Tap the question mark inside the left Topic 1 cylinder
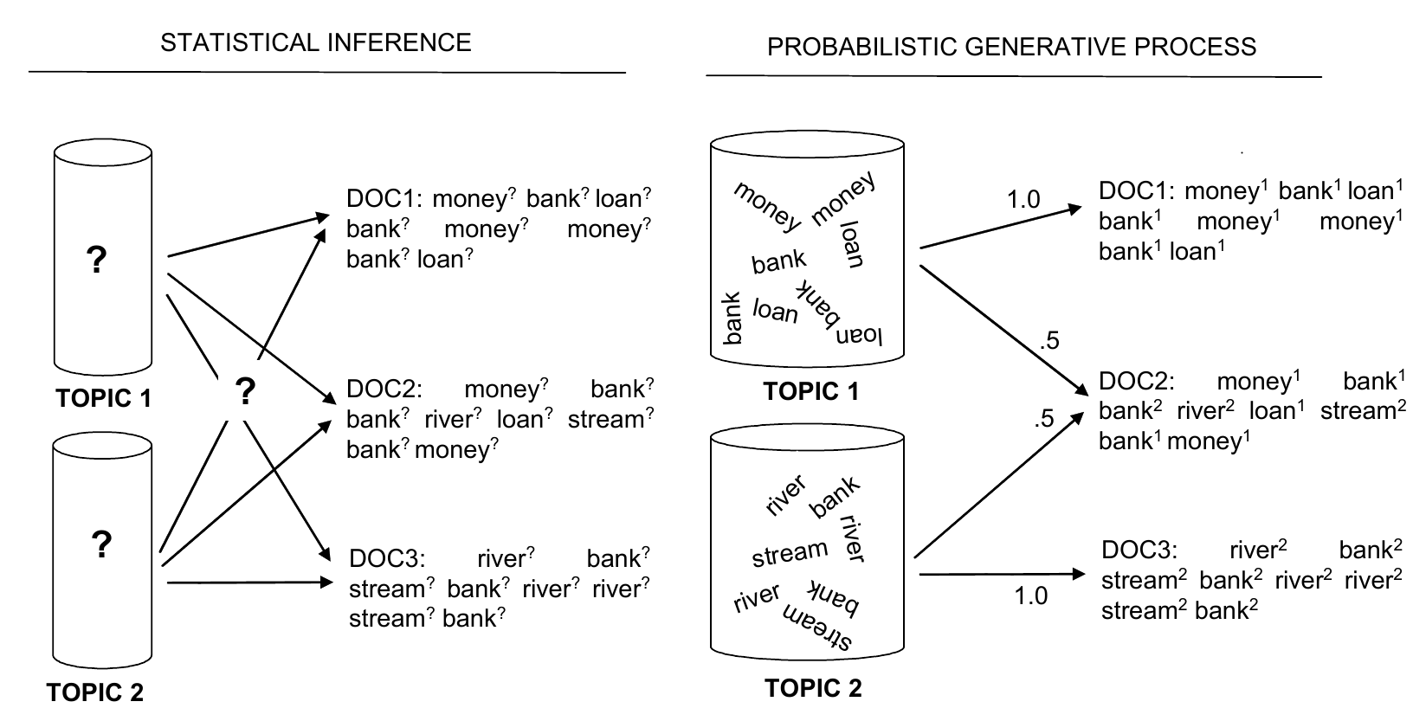[97, 260]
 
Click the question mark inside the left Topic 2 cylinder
[100, 544]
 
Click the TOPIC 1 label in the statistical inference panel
[103, 398]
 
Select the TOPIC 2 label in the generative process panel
[813, 689]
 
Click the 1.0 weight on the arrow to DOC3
[1030, 595]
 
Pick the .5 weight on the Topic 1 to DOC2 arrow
[1048, 341]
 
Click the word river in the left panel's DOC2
[448, 420]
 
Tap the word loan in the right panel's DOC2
[1271, 411]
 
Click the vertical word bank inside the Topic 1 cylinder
[732, 317]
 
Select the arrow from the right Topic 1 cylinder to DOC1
[1000, 228]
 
